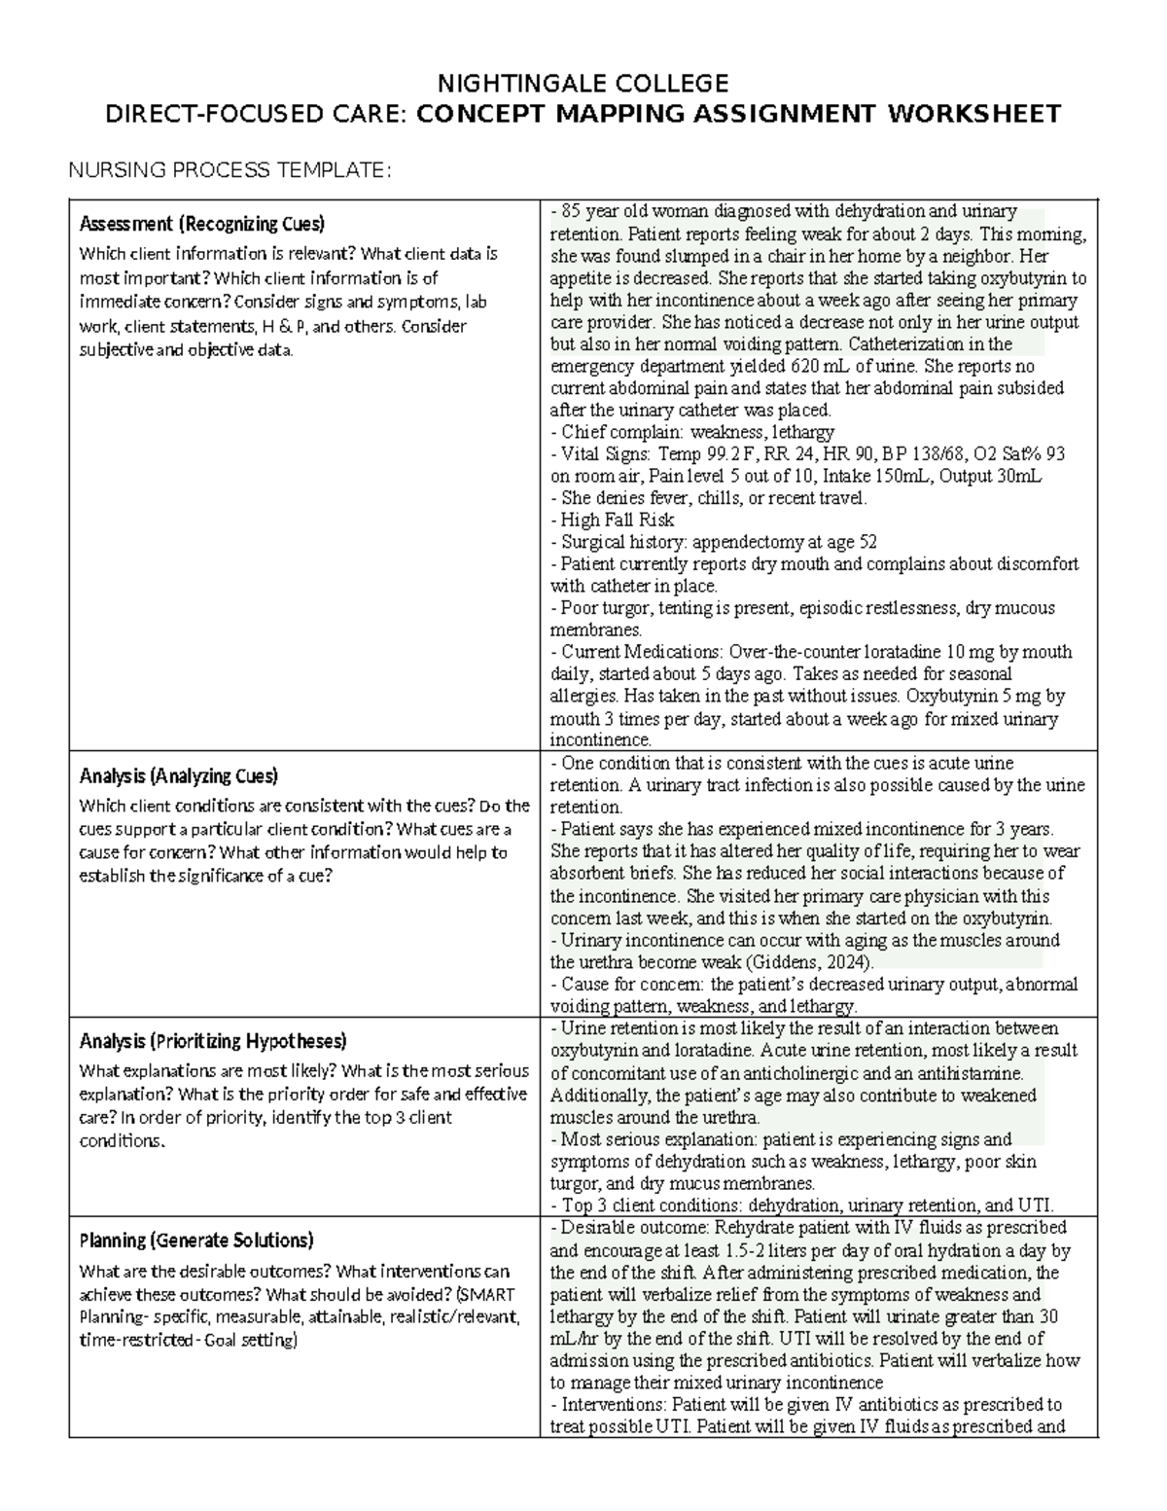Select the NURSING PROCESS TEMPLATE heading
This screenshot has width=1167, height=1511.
click(229, 171)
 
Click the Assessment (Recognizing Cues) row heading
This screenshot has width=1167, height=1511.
click(201, 224)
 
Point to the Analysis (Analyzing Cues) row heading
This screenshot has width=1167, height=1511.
click(178, 775)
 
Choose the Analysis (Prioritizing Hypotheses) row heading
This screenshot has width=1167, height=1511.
click(212, 1041)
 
